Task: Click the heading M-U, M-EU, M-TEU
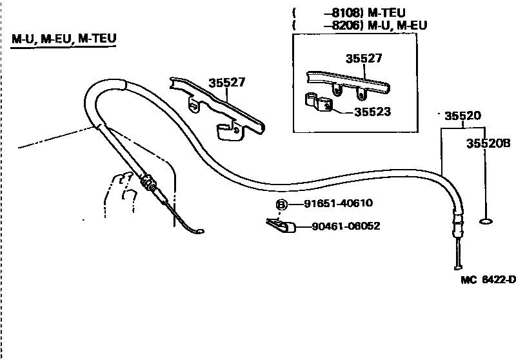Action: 64,40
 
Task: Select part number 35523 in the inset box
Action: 372,112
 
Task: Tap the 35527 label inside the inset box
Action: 364,58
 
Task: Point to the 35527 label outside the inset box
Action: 227,82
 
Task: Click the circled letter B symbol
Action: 282,205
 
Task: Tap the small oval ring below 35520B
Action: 487,223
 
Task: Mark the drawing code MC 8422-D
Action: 488,279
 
